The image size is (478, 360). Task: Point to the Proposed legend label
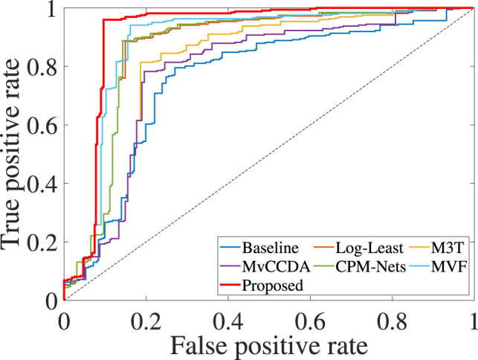click(x=275, y=283)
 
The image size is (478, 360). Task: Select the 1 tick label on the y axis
click(x=51, y=8)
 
